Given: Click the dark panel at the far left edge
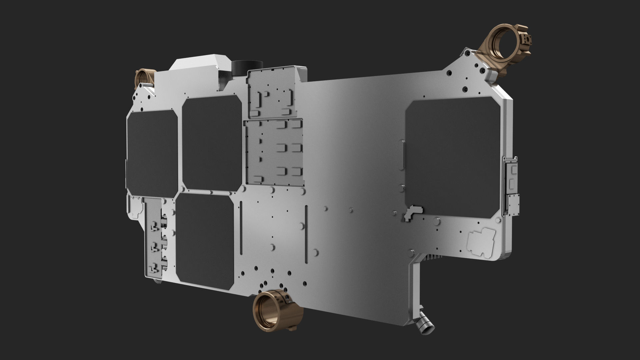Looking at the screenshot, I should pos(152,153).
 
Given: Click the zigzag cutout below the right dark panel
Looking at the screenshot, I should pos(412,213).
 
